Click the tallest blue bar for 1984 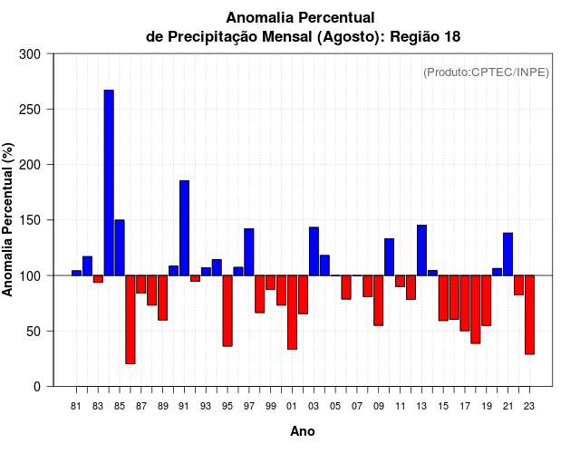click(x=109, y=182)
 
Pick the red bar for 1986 click(x=130, y=319)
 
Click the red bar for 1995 click(x=227, y=311)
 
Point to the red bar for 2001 click(x=292, y=312)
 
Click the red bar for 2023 click(x=529, y=314)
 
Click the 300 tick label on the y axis click(x=31, y=54)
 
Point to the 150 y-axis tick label click(x=31, y=220)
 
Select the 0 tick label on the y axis click(x=36, y=387)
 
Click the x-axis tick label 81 click(x=76, y=406)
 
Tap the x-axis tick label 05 click(x=335, y=406)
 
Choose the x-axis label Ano click(x=303, y=431)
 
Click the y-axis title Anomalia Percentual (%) click(x=9, y=219)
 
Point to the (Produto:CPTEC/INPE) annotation click(x=486, y=72)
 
